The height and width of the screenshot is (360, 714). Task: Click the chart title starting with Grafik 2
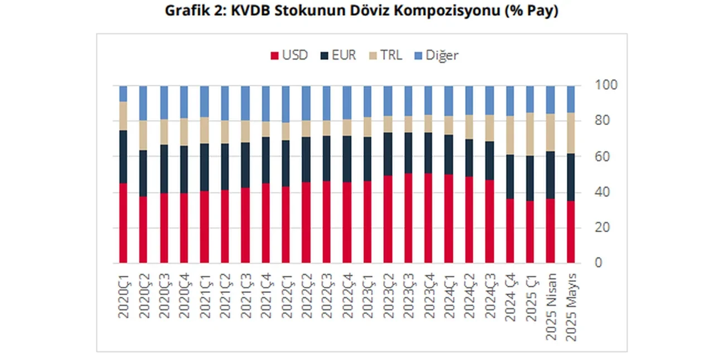click(361, 11)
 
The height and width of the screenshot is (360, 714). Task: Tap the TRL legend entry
click(386, 55)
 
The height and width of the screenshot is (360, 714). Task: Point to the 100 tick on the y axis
click(605, 85)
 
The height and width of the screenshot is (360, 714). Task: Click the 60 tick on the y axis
click(603, 157)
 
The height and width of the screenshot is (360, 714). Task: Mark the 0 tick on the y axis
click(599, 263)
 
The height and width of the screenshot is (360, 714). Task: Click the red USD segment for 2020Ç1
click(123, 223)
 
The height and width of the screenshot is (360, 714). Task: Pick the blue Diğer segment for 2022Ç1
click(286, 104)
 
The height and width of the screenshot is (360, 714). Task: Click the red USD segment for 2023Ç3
click(408, 218)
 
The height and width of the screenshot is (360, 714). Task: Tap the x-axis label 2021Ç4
click(266, 296)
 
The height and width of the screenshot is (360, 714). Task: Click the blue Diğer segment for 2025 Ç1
click(530, 99)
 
